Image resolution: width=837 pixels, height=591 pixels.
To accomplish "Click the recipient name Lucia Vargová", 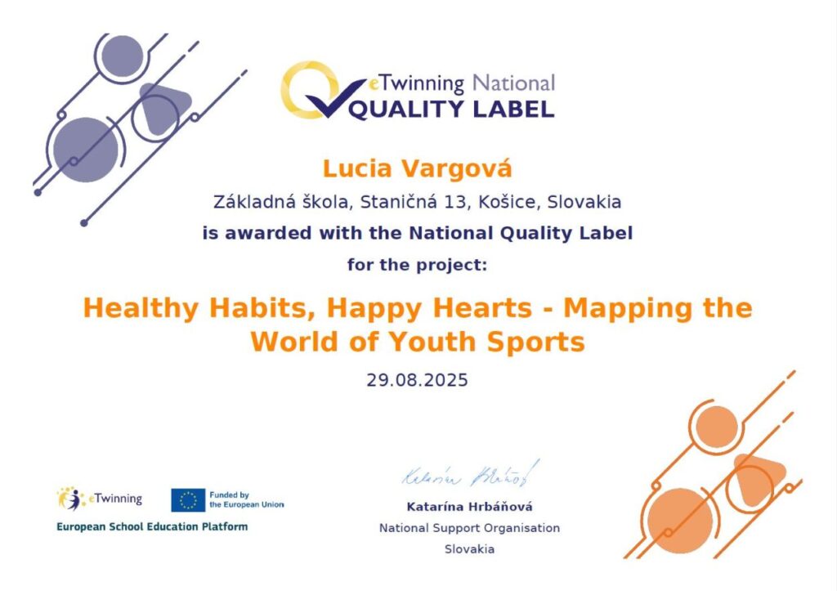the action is (x=417, y=169).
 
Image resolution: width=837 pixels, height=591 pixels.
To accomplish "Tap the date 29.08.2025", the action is (x=417, y=380).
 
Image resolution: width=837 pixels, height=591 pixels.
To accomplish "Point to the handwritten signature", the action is (x=470, y=474).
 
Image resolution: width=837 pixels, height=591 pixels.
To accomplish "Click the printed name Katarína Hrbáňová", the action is (x=469, y=507).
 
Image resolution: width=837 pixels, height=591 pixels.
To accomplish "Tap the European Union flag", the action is (x=188, y=500).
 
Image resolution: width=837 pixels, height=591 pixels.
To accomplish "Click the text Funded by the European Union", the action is (x=247, y=499).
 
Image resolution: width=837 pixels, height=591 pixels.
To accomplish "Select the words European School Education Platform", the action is (x=152, y=527).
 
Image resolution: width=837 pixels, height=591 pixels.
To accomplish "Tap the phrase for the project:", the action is (x=417, y=265).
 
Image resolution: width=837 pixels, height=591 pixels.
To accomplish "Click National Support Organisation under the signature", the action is (x=470, y=528).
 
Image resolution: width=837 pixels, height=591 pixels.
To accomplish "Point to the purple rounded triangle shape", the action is (x=163, y=107).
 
